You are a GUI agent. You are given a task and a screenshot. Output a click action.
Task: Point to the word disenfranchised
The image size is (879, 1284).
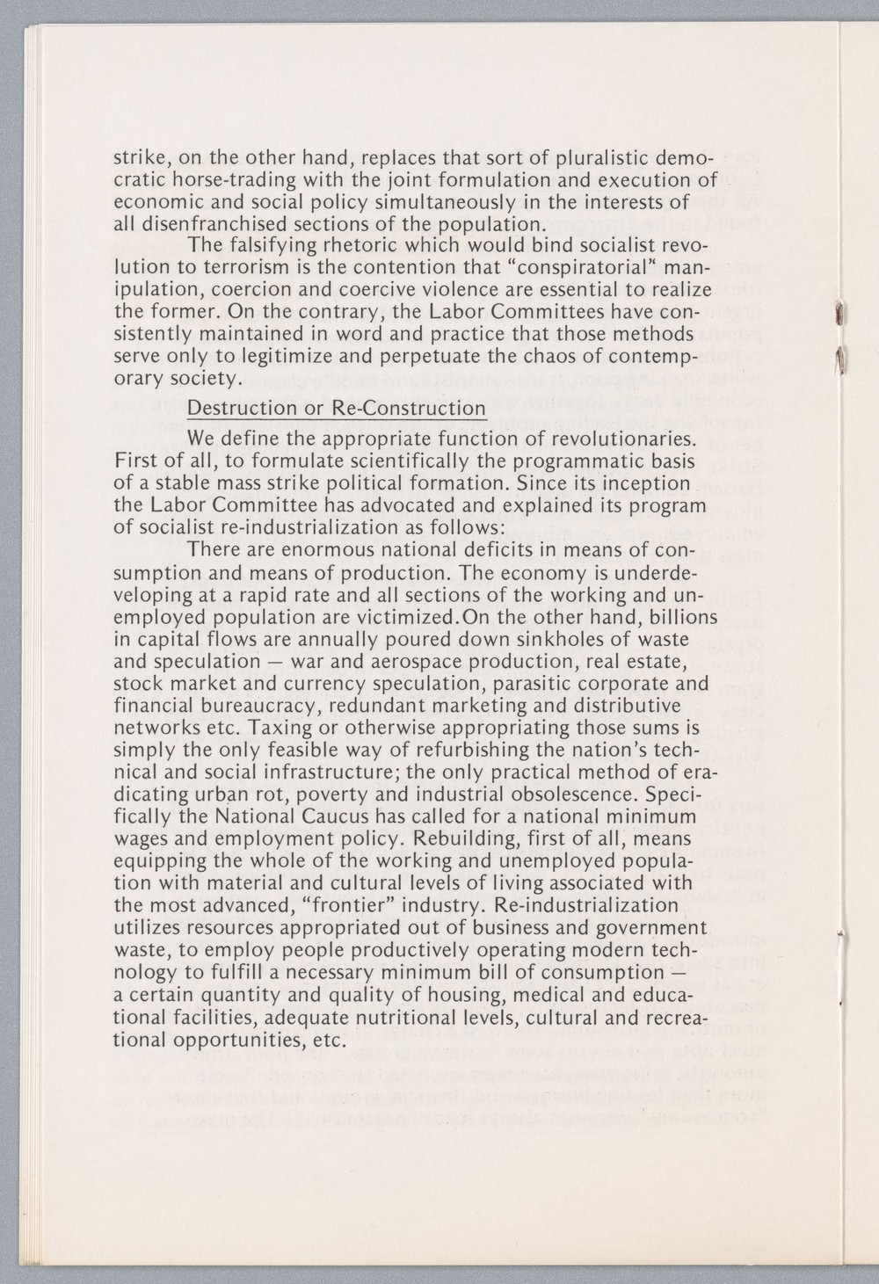pyautogui.click(x=214, y=222)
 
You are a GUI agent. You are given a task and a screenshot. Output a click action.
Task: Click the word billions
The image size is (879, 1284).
pyautogui.click(x=676, y=616)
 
